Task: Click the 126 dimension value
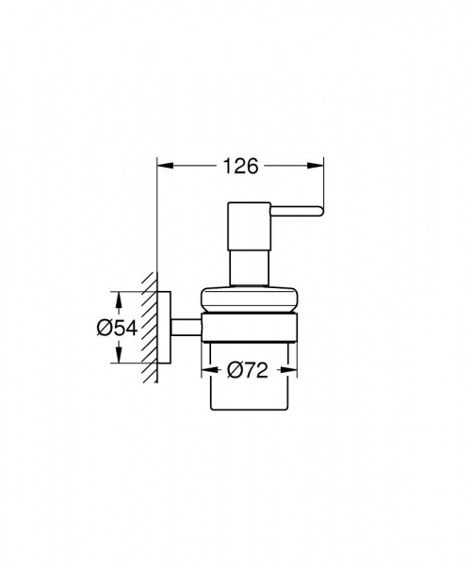point(241,167)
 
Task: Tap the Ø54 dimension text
point(117,328)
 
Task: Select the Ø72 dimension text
point(248,371)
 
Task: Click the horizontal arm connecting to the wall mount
point(187,328)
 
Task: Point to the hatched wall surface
point(147,330)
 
